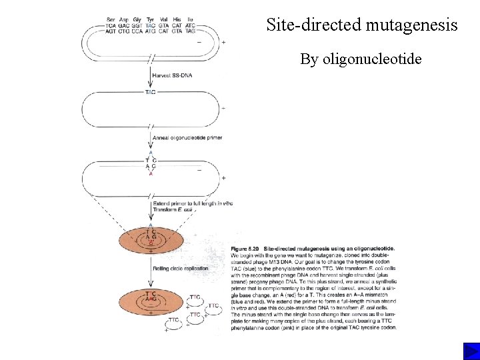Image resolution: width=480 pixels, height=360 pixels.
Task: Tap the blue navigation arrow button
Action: click(471, 351)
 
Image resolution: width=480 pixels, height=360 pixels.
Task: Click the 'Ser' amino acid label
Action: click(111, 19)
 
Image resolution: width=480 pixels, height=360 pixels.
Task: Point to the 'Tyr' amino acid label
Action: click(150, 19)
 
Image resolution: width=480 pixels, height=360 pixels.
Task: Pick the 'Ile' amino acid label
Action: click(191, 19)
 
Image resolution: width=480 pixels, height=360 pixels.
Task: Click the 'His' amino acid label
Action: click(177, 19)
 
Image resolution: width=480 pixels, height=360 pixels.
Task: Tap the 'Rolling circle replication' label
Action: click(180, 269)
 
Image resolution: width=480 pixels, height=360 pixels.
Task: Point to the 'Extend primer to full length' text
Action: click(193, 203)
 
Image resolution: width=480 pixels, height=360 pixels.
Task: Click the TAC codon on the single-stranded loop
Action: click(151, 91)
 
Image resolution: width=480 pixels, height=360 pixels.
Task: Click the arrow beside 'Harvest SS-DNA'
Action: click(151, 75)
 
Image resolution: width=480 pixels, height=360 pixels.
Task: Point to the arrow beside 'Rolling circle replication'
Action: click(151, 270)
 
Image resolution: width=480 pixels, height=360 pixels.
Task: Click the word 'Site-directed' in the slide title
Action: click(312, 25)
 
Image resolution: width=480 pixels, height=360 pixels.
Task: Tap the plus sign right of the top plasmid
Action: click(223, 42)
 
